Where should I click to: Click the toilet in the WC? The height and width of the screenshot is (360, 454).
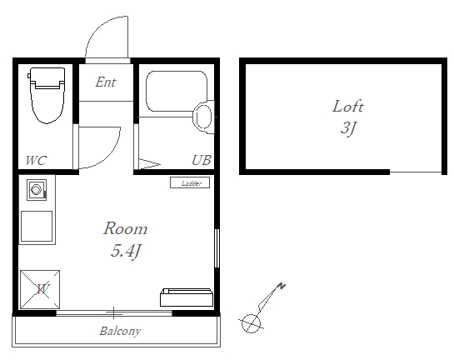47,95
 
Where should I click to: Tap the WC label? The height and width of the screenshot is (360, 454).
36,160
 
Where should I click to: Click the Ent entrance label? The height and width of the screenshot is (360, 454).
106,82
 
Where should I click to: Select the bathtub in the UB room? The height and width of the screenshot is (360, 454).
177,91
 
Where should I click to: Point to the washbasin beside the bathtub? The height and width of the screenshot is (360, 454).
203,117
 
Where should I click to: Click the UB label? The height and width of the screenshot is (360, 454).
202,160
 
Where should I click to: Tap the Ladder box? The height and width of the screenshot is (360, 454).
190,182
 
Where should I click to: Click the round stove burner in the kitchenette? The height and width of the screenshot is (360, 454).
36,190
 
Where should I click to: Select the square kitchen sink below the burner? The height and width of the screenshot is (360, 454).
37,226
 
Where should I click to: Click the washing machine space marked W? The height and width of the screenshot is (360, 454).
40,289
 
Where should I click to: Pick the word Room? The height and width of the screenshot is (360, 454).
126,228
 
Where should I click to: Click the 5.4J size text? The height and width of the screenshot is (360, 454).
126,251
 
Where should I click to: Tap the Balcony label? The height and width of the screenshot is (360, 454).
120,331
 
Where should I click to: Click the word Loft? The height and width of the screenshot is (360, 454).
347,106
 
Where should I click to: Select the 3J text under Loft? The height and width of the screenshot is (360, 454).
348,128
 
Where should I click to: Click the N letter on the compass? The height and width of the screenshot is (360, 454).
282,286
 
